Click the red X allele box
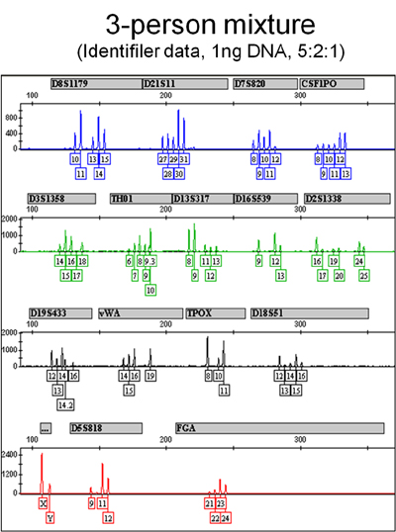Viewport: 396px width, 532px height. point(43,503)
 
